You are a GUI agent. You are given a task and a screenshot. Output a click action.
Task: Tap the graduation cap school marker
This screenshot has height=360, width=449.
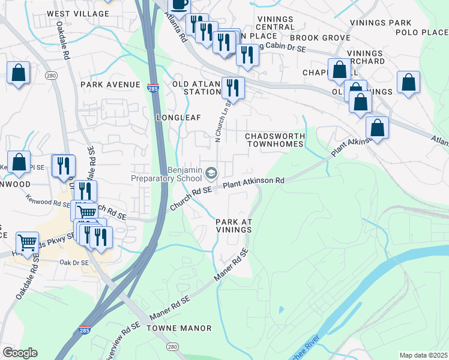point(211,173)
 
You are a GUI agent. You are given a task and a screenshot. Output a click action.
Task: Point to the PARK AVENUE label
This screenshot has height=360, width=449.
point(110,85)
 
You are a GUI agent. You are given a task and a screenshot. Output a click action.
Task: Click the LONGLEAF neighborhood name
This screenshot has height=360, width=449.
point(178,118)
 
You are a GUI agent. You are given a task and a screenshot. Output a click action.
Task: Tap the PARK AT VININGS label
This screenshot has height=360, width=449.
point(234,226)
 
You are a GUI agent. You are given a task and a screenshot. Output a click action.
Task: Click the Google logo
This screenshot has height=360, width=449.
point(20,353)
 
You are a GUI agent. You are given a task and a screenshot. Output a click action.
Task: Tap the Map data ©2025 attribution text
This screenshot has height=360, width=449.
point(424,355)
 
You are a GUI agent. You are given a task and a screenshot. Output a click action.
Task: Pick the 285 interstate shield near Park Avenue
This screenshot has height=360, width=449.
point(153,88)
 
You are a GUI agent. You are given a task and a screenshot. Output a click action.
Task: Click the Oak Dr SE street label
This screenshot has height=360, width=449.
point(74,263)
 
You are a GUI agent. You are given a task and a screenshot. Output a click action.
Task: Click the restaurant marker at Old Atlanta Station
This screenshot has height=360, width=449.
point(232,88)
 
